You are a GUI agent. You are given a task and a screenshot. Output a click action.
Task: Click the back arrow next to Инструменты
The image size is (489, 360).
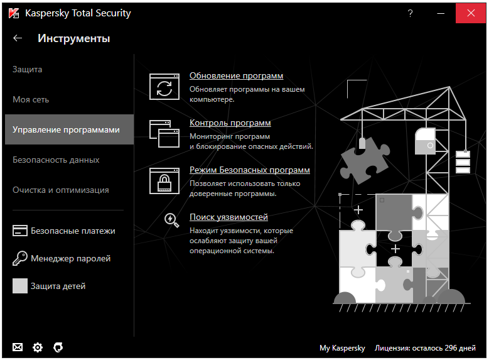click(x=18, y=38)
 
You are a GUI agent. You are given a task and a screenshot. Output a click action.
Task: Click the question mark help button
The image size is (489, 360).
click(x=410, y=13)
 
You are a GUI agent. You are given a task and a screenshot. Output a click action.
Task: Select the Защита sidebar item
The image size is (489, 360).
click(x=28, y=69)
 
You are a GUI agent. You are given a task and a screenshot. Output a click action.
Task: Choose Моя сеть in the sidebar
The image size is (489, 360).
click(x=31, y=99)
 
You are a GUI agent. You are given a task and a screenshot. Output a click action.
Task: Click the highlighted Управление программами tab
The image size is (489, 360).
click(x=66, y=129)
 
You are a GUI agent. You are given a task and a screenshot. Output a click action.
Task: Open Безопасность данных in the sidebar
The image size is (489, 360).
click(x=56, y=160)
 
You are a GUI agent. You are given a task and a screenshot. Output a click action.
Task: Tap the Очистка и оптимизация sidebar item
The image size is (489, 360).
click(x=61, y=190)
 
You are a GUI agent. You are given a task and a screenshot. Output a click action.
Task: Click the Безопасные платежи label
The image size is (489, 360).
click(x=73, y=231)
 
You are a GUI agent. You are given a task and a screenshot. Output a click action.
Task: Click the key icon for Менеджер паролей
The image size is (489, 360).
click(x=20, y=258)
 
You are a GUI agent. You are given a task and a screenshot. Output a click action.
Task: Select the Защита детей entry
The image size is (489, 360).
click(x=58, y=286)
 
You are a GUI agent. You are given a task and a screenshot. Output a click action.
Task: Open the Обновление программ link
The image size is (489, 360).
click(x=236, y=76)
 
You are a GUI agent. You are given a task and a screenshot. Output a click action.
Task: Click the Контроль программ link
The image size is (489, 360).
click(x=230, y=123)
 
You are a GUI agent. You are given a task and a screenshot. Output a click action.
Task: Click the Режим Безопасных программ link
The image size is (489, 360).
click(x=249, y=170)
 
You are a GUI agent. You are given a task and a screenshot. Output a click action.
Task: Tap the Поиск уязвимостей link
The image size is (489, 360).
click(x=228, y=217)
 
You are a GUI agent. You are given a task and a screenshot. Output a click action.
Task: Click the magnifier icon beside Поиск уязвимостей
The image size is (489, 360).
click(x=171, y=219)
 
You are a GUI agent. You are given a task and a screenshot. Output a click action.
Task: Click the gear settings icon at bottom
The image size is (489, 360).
click(x=38, y=347)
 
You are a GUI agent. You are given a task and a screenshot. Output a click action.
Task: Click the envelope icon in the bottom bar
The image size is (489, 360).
click(x=18, y=347)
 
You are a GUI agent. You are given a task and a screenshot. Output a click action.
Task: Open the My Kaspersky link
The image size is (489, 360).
click(x=342, y=347)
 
